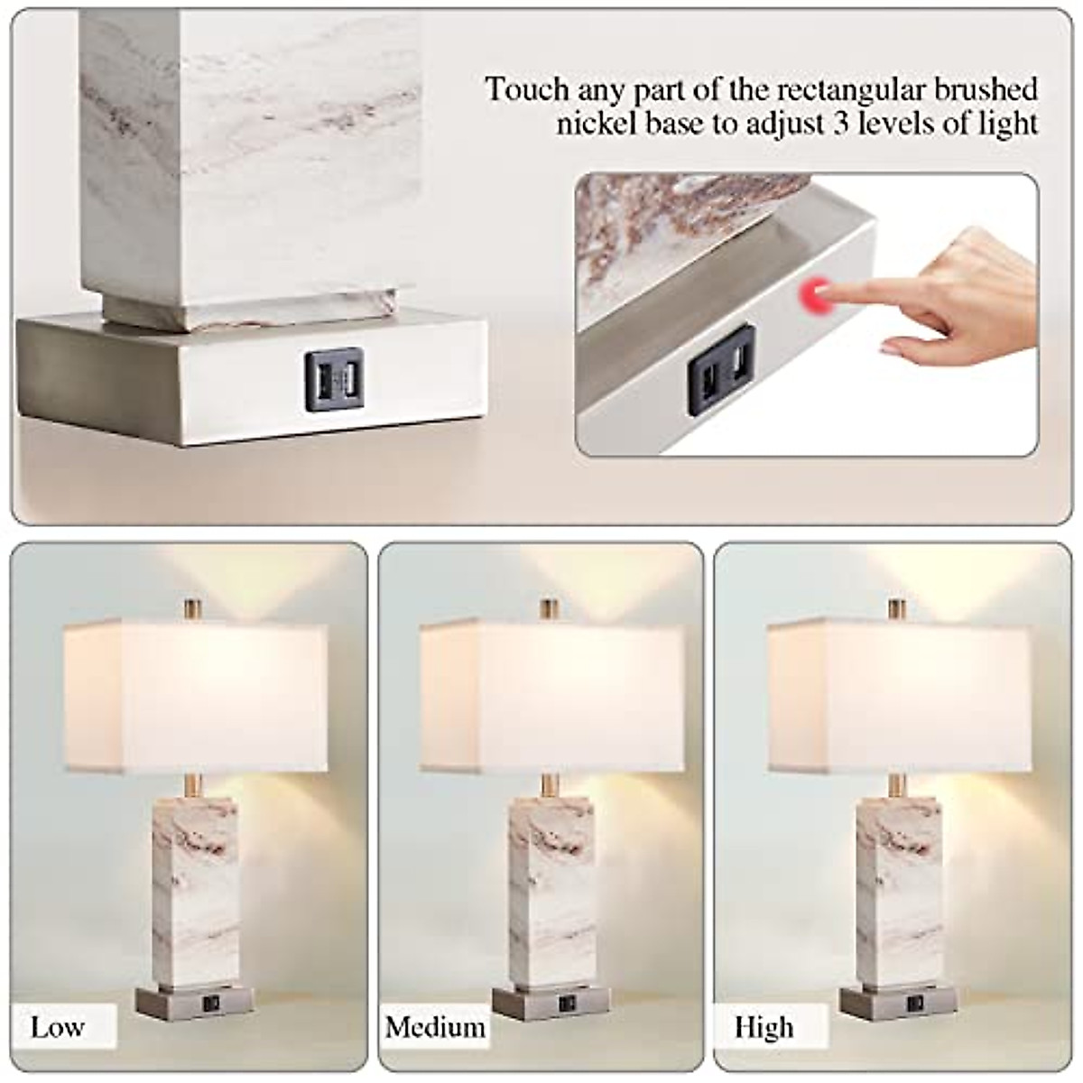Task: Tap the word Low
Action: pyautogui.click(x=58, y=1027)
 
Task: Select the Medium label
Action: pyautogui.click(x=435, y=1027)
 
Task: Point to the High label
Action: pyautogui.click(x=764, y=1027)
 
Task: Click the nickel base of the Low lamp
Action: pyautogui.click(x=195, y=1001)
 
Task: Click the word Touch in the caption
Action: pyautogui.click(x=527, y=90)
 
